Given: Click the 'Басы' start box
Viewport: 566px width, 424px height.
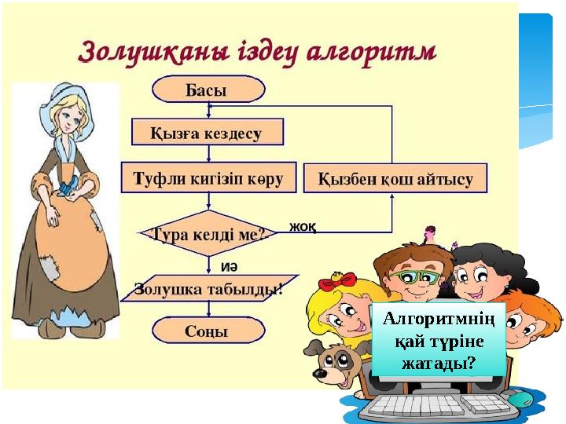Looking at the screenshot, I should coord(206,90).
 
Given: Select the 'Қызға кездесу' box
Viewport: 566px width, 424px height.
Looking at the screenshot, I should coord(206,133).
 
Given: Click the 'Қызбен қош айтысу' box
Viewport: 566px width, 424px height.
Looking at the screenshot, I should coord(395,179).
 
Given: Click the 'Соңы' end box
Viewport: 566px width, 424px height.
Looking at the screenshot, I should coord(206,331).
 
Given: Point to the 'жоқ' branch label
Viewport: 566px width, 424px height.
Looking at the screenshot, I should coord(303,228).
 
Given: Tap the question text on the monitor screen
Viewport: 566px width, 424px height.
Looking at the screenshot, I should coord(437,342).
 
